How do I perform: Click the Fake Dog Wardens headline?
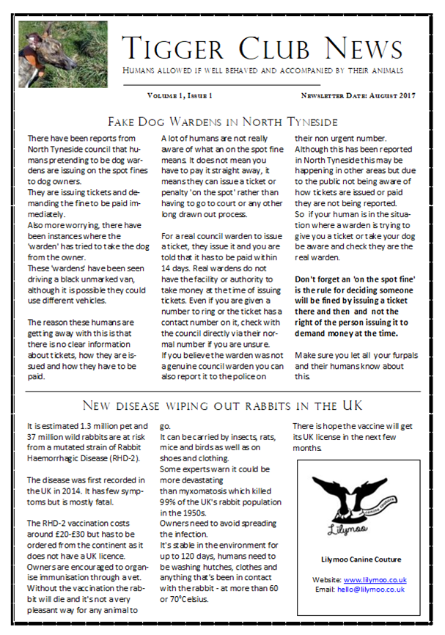tap(222, 120)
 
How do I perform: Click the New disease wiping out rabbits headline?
tap(222, 405)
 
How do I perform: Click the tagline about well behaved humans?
tap(262, 70)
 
